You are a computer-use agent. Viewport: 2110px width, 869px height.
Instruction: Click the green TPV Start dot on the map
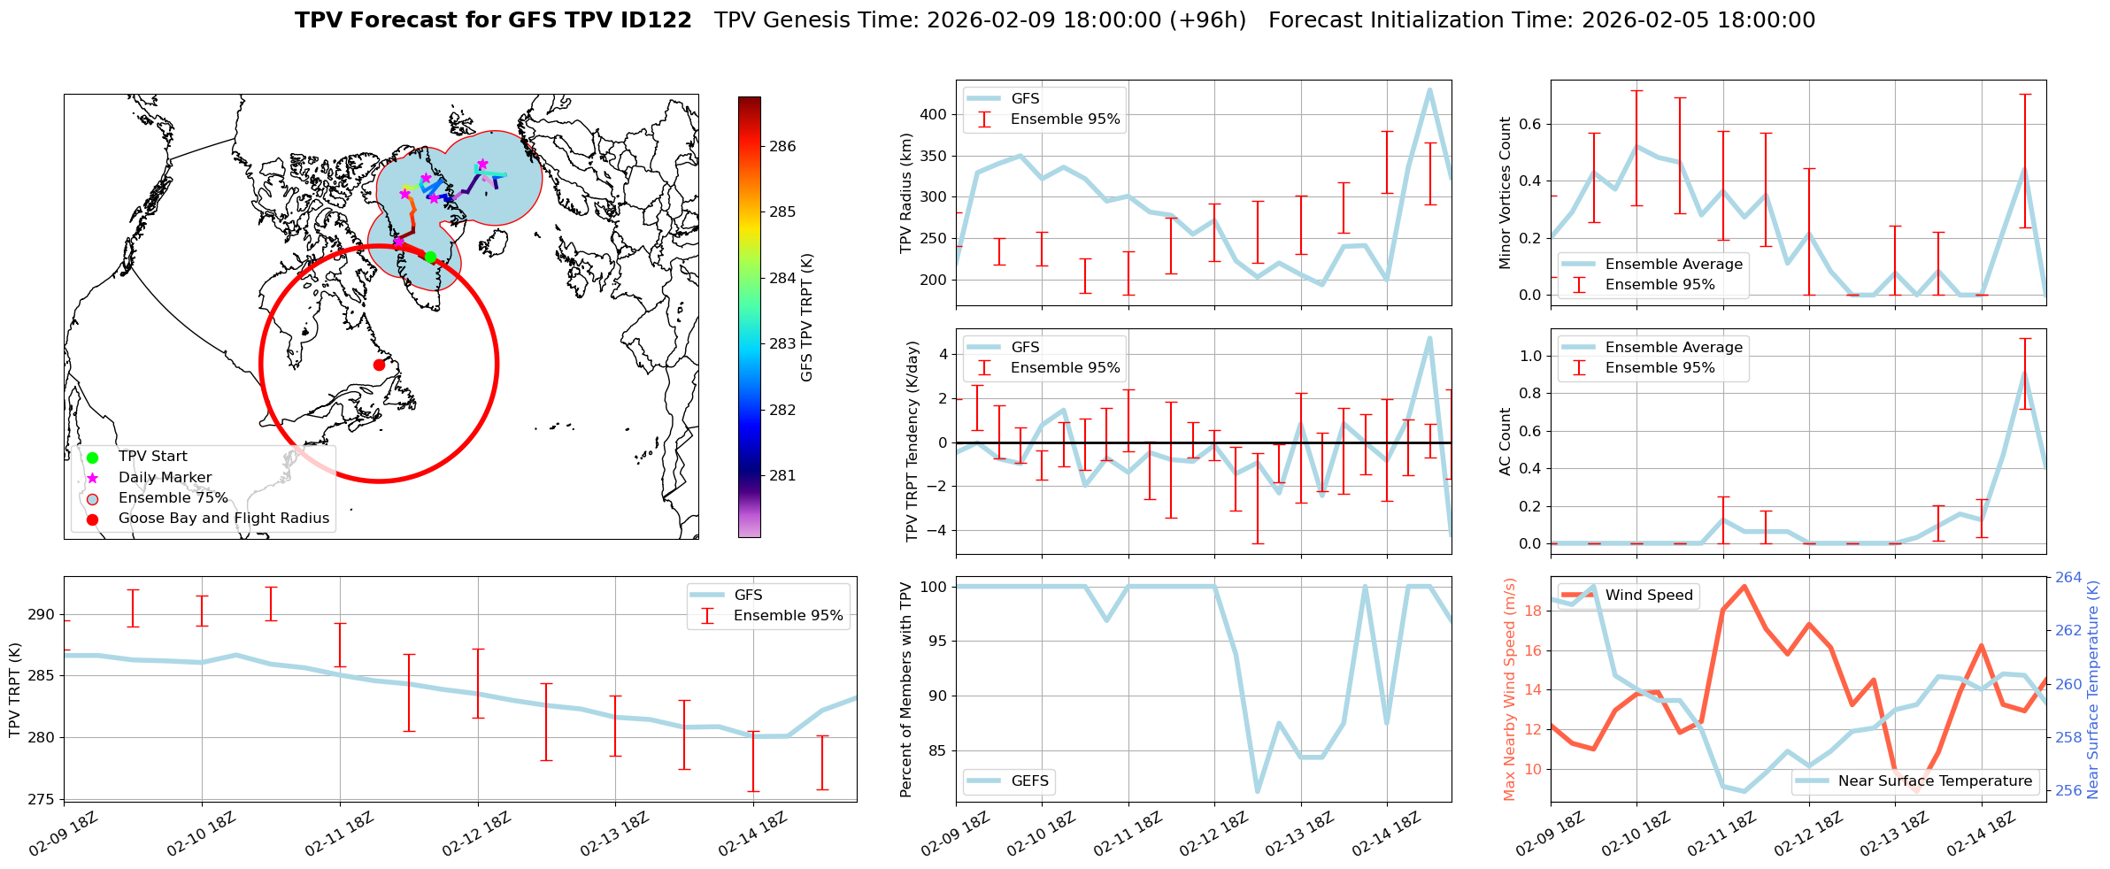[430, 257]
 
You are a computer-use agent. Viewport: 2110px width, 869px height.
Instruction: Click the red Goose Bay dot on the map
[379, 365]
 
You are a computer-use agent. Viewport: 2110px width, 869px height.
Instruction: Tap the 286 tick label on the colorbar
[782, 147]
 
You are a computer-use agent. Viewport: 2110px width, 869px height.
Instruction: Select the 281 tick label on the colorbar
[782, 476]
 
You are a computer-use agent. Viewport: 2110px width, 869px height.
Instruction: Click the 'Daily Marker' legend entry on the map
[165, 478]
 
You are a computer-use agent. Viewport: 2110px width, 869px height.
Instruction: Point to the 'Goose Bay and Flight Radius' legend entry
[223, 519]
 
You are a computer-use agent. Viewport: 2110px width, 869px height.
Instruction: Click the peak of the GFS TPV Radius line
[1429, 89]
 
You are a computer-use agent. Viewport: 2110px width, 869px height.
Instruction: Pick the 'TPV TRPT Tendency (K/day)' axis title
[913, 441]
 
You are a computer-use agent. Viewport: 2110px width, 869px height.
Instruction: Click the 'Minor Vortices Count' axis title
[1505, 193]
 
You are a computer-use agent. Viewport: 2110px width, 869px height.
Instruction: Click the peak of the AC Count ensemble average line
[2025, 373]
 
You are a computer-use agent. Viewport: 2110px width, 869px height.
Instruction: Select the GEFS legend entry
[1029, 781]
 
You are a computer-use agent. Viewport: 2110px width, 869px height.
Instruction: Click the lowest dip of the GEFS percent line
[1257, 791]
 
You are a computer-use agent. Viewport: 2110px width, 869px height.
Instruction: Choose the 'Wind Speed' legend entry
[1648, 596]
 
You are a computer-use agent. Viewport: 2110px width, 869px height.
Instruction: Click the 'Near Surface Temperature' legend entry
[1935, 781]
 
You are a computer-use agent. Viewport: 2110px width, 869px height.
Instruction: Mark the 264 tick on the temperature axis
[2068, 578]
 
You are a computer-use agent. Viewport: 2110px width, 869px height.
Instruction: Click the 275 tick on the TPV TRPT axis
[42, 799]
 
